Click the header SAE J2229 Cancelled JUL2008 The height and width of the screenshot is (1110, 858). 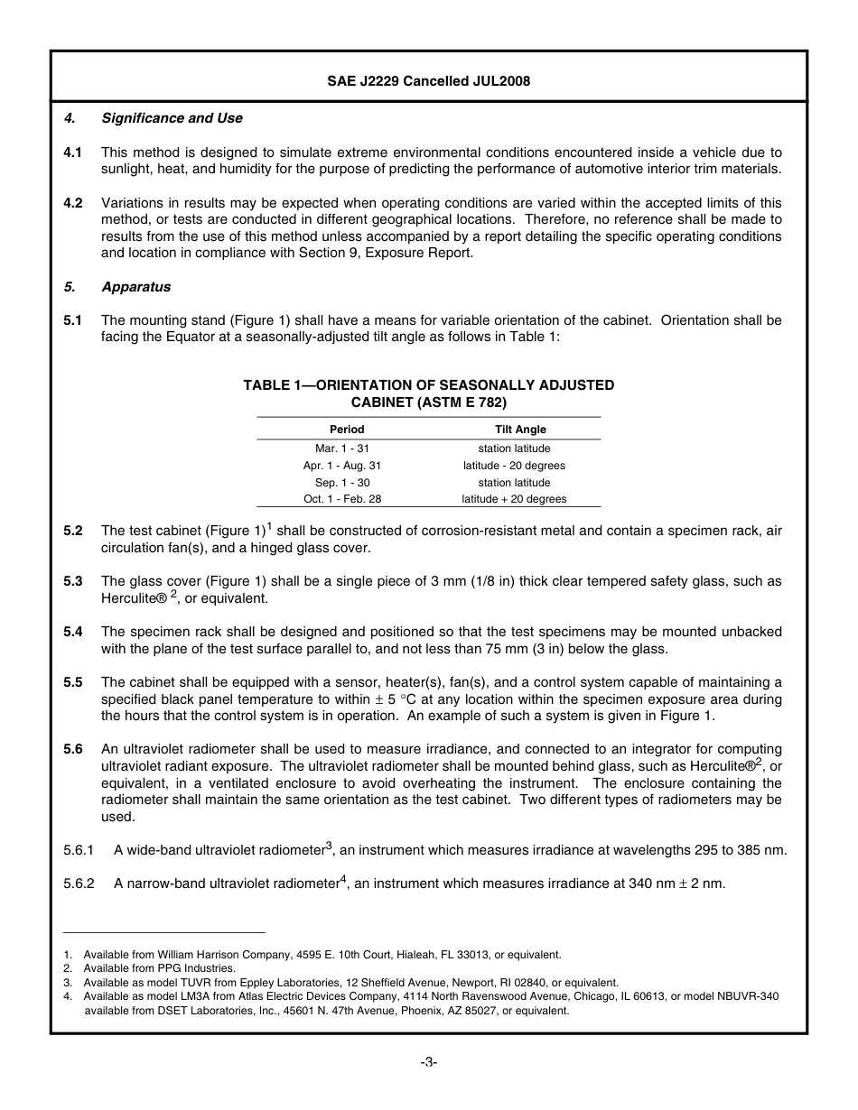(x=428, y=81)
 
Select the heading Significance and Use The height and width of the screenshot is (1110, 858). (x=172, y=118)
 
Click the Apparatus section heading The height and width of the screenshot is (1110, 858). (x=135, y=287)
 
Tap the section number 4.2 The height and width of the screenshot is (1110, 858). (x=73, y=203)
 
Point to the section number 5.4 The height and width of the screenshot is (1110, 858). (x=73, y=632)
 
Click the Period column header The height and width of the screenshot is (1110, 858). (x=347, y=430)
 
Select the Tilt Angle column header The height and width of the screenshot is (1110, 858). (x=520, y=430)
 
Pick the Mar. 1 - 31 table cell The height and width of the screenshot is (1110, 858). (x=342, y=449)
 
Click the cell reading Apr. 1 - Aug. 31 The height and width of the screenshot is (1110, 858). (x=342, y=466)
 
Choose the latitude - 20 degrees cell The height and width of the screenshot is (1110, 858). (x=514, y=466)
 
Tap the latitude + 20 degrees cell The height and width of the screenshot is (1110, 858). (x=514, y=499)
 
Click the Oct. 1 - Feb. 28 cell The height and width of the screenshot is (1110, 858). (x=342, y=499)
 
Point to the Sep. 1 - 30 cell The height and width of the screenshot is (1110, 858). (x=342, y=483)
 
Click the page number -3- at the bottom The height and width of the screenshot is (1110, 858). (x=429, y=1062)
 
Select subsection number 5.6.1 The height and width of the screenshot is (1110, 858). (x=79, y=850)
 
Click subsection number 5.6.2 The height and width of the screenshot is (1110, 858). (x=79, y=883)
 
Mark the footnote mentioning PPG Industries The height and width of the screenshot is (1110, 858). (x=159, y=968)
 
